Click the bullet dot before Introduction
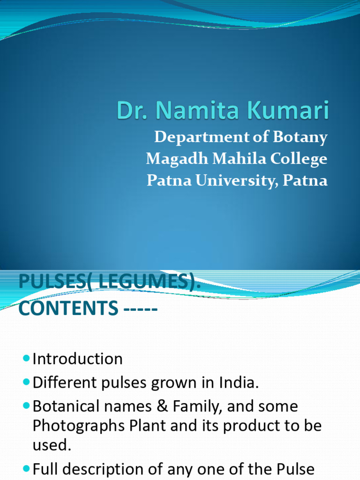[x=26, y=359]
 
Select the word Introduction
[x=77, y=359]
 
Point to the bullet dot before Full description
[x=26, y=468]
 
